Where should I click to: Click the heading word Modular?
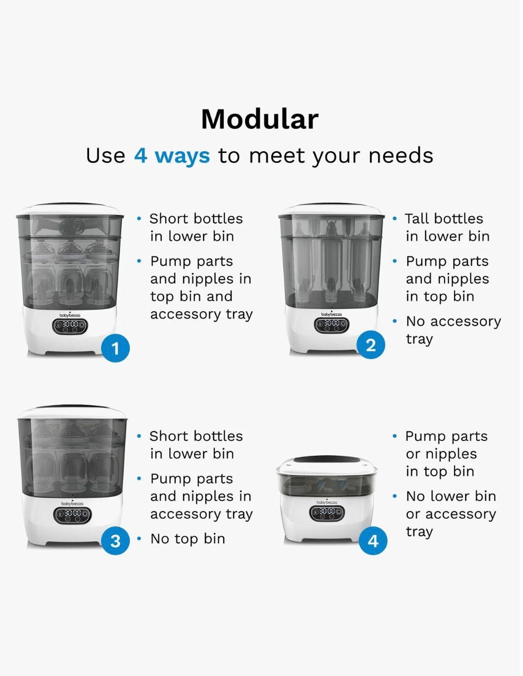[260, 119]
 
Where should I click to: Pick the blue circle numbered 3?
[115, 541]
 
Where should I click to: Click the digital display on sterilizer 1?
[70, 326]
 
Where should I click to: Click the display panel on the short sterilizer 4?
[327, 513]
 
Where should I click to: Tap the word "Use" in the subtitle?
[106, 156]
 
